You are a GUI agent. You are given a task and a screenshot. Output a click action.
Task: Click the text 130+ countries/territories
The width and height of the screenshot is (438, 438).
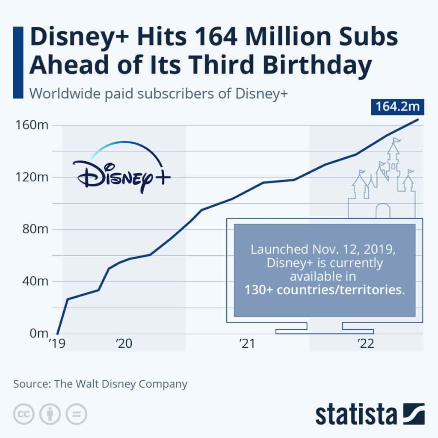coord(324,290)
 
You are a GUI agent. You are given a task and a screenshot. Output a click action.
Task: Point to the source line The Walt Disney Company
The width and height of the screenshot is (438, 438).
coord(100,384)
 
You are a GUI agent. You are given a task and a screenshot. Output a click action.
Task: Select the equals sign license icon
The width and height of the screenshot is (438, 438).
coord(76,414)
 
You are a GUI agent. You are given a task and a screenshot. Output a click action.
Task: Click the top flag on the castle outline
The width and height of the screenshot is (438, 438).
coord(397,140)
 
